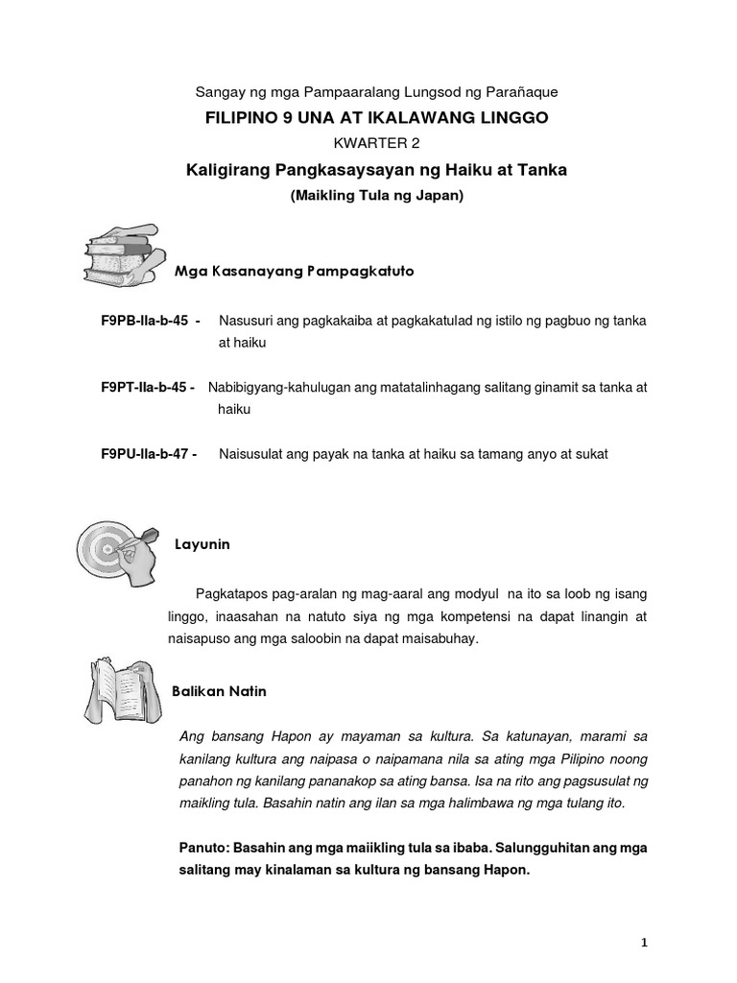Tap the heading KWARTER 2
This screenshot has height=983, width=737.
(368, 144)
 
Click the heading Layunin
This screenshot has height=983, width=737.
(202, 544)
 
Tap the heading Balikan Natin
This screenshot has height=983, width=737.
(219, 690)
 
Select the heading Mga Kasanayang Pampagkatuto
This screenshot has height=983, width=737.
(294, 272)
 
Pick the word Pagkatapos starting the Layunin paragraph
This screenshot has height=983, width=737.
(230, 593)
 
